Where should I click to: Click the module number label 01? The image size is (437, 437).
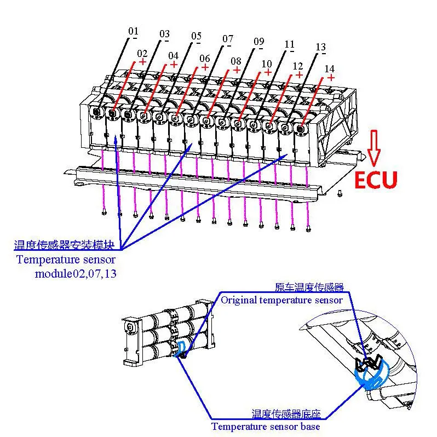(134, 31)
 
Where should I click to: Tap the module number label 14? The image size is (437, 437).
(330, 69)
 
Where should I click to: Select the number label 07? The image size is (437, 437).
(228, 39)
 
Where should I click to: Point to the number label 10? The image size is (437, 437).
(267, 64)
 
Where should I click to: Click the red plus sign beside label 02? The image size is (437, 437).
(142, 62)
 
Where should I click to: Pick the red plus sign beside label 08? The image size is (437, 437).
(237, 70)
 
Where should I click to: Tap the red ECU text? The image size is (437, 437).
(375, 180)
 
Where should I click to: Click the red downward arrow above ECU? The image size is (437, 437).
(373, 147)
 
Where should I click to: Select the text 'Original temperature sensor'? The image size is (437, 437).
(281, 300)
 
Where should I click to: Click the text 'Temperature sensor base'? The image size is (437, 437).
(266, 426)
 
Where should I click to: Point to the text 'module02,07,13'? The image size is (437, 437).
(76, 273)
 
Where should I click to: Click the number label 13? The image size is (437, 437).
(321, 48)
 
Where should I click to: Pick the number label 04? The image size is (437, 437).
(173, 56)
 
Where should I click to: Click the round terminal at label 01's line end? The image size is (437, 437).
(97, 112)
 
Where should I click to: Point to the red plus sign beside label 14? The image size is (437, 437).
(331, 78)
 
